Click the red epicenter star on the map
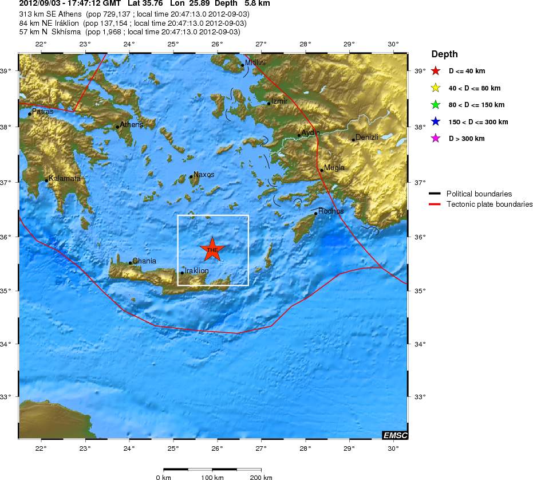click(x=212, y=249)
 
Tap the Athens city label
click(x=131, y=124)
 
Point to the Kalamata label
click(x=64, y=178)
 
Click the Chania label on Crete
click(x=144, y=261)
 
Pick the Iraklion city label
click(x=196, y=270)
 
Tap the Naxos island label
click(x=204, y=174)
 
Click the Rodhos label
click(x=331, y=211)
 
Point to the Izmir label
click(x=279, y=101)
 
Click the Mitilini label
click(x=255, y=62)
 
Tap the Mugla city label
click(x=334, y=167)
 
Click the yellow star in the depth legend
click(x=436, y=88)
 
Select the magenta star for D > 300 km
click(x=436, y=139)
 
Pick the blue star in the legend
click(x=436, y=122)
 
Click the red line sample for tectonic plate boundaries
click(x=436, y=204)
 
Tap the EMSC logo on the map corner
click(x=395, y=435)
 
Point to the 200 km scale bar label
click(x=260, y=477)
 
